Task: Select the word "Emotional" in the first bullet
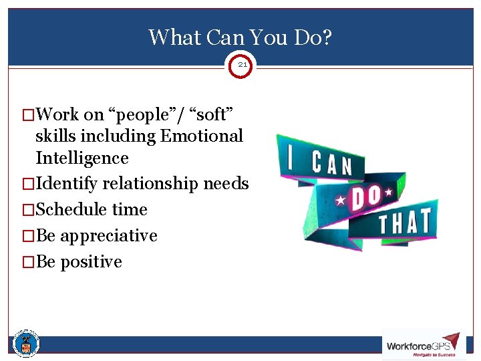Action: click(201, 136)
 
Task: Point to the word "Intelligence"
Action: click(82, 158)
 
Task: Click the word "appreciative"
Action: click(109, 236)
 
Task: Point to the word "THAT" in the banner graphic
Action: click(405, 223)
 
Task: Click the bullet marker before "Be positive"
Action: click(29, 262)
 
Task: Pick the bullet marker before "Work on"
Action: click(29, 115)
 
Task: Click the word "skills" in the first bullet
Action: click(55, 136)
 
